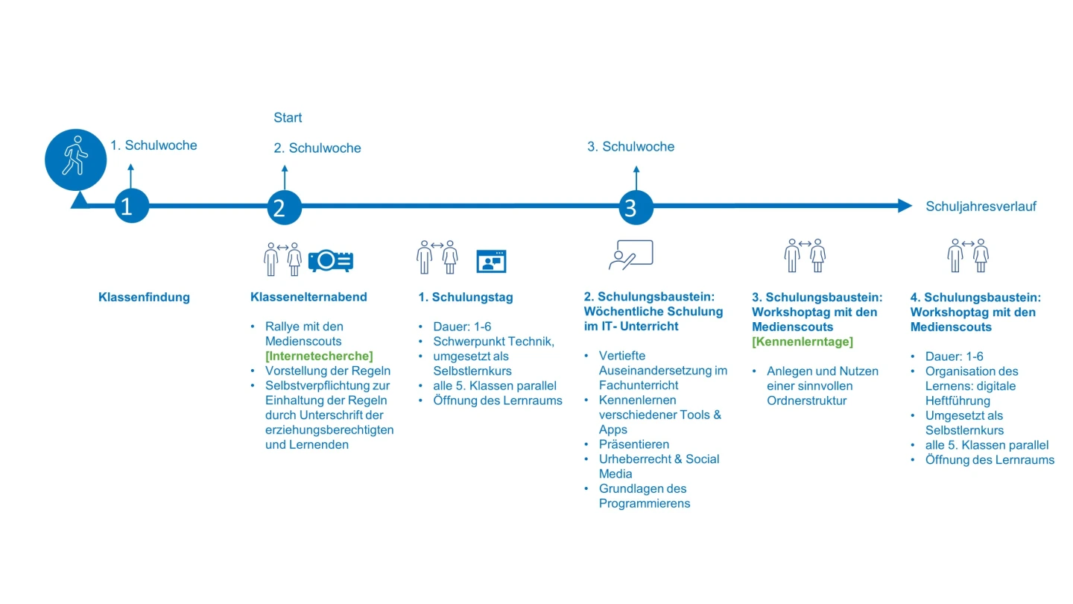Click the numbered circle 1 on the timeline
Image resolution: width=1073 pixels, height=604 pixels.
[x=131, y=206]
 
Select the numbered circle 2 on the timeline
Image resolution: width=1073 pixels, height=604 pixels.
[x=284, y=207]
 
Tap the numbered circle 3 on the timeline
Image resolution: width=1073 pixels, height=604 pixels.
[x=636, y=207]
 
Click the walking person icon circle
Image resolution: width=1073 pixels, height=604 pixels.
[x=75, y=160]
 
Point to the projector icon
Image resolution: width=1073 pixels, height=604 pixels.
[x=331, y=260]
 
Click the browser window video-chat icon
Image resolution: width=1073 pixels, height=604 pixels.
[x=491, y=261]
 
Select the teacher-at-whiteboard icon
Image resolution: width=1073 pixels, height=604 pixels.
[x=630, y=255]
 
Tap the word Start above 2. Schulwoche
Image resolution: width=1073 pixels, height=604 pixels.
[x=288, y=118]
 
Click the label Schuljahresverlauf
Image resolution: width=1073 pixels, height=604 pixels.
[x=981, y=207]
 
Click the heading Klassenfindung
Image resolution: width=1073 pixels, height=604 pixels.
[x=144, y=298]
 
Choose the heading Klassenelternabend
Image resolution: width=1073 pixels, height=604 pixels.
[x=308, y=298]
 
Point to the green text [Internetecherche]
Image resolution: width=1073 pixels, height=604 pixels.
[x=319, y=356]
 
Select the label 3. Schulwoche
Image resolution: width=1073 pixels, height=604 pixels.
[x=630, y=147]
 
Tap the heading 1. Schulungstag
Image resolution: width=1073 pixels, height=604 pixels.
[x=466, y=298]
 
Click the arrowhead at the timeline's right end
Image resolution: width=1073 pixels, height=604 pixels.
[x=905, y=206]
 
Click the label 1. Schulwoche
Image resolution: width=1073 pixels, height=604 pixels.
[x=153, y=145]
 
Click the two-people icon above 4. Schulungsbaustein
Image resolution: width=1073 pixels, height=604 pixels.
[x=968, y=256]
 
